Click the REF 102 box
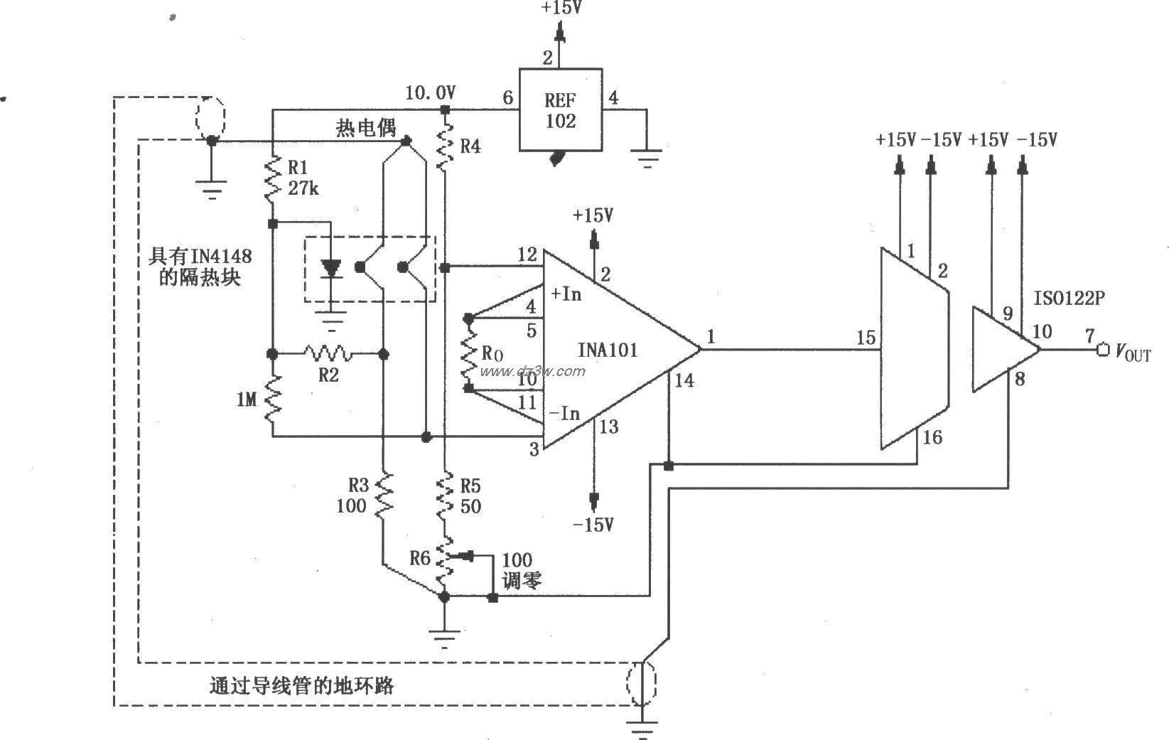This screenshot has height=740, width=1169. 560,109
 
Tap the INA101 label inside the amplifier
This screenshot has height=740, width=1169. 608,350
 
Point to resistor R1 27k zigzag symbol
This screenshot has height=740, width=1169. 272,179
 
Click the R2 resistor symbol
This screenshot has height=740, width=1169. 327,353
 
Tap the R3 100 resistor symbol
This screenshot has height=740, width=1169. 384,495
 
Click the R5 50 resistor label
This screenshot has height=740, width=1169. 470,495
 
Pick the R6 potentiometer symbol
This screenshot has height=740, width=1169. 445,560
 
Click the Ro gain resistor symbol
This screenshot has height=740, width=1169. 468,353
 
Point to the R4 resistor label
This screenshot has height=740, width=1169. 470,146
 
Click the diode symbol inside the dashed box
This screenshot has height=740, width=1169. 330,269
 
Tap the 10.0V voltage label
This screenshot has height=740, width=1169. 430,92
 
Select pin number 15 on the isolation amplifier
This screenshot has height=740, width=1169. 866,338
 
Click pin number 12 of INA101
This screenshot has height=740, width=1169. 527,254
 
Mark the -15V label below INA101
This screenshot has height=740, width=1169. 593,525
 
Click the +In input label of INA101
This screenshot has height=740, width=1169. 566,294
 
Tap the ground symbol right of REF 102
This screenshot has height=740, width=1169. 647,158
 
